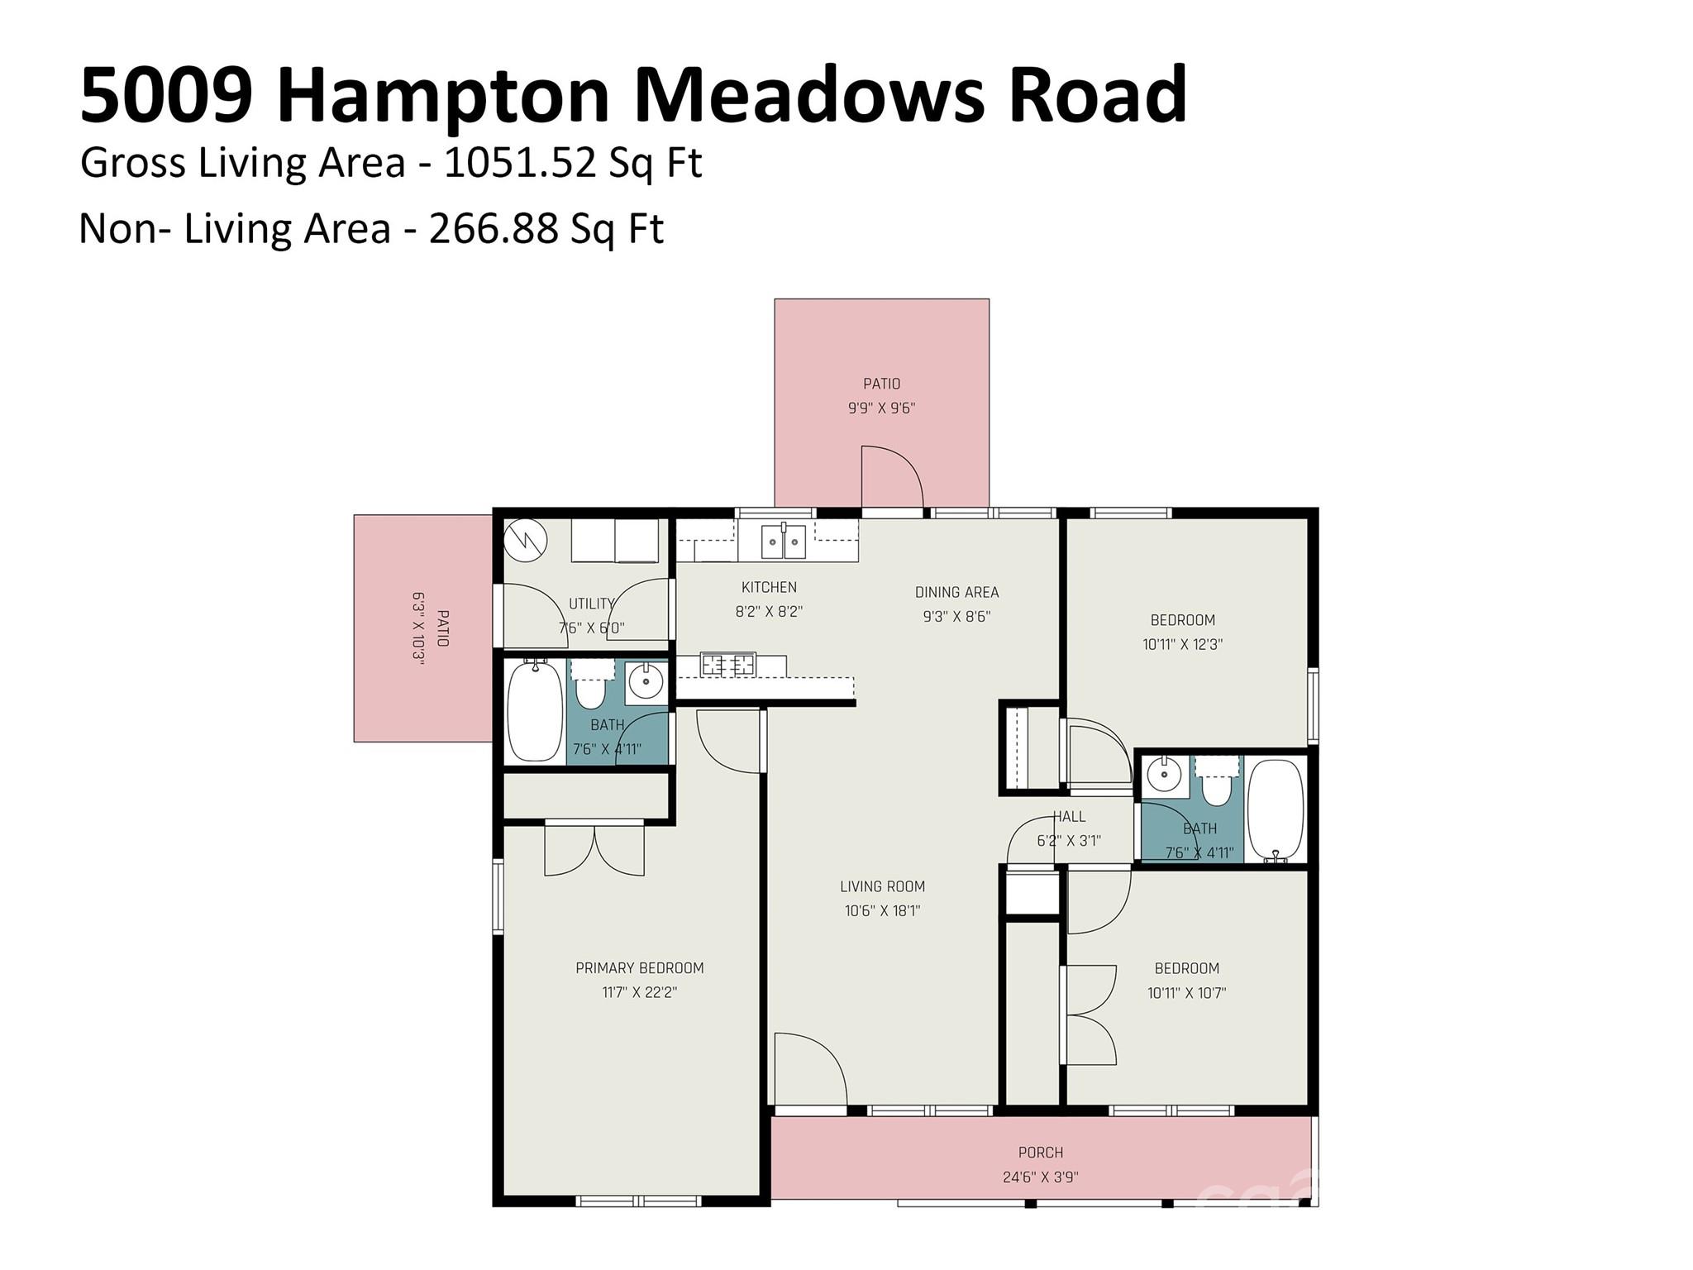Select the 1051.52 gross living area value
pos(519,163)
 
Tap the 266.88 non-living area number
pos(494,229)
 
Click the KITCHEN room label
pos(769,587)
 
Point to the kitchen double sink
pos(783,542)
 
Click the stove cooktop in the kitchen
pos(727,664)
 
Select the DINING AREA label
pos(956,592)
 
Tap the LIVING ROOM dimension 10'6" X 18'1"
pos(882,910)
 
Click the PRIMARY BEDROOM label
pos(639,967)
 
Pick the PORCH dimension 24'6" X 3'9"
pos(1040,1177)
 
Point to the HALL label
pos(1069,816)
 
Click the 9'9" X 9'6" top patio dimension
pos(881,408)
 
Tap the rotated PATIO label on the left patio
pos(442,628)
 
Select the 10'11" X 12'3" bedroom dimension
pos(1182,644)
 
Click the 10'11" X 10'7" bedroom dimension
pos(1186,992)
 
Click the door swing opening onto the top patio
pos(891,478)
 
